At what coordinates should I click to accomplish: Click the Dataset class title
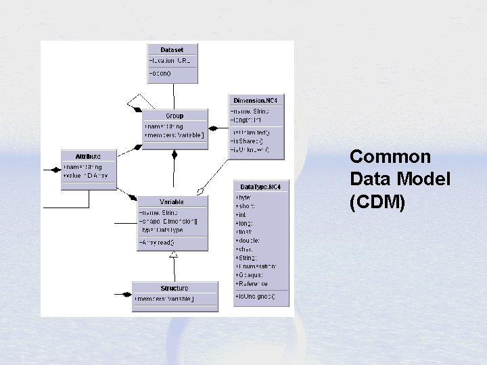[172, 49]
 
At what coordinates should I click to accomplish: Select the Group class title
[174, 116]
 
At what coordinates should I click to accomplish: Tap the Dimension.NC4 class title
[255, 100]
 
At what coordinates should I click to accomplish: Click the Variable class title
[172, 201]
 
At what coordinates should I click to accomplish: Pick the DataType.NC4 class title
[261, 187]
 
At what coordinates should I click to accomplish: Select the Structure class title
[175, 288]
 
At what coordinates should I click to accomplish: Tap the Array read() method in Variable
[157, 242]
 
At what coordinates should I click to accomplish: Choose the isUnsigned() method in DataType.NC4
[255, 297]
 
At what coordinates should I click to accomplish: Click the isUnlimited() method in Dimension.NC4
[250, 131]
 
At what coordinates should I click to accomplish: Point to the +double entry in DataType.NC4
[248, 240]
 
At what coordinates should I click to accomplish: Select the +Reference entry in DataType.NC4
[251, 284]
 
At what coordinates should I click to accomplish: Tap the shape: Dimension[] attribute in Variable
[168, 221]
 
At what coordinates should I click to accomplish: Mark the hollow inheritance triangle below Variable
[174, 254]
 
